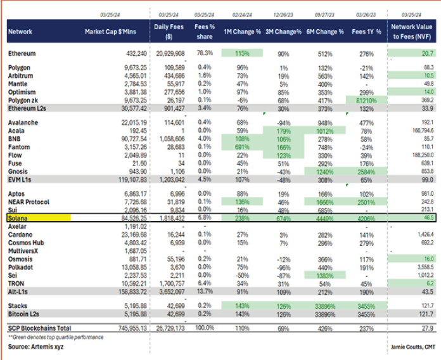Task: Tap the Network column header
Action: pyautogui.click(x=21, y=31)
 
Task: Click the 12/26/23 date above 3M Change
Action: pyautogui.click(x=283, y=13)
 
